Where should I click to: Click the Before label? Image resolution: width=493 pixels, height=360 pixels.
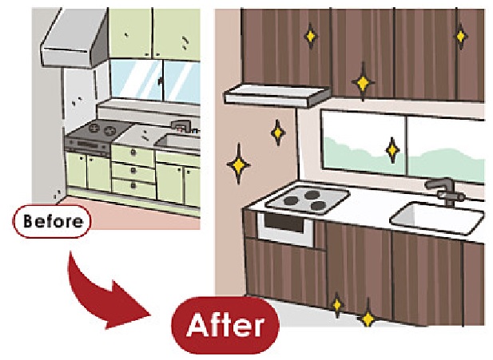(x=52, y=220)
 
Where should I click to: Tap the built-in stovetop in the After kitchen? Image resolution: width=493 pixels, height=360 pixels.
(x=307, y=200)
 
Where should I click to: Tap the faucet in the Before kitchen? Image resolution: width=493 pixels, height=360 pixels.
(x=181, y=125)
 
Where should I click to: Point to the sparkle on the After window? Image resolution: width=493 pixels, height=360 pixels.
(x=392, y=148)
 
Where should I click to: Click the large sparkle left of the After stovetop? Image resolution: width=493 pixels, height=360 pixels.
(x=237, y=166)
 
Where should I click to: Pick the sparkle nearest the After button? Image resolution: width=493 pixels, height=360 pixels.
(x=336, y=304)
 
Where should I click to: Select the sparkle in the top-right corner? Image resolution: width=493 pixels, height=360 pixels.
(x=460, y=34)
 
